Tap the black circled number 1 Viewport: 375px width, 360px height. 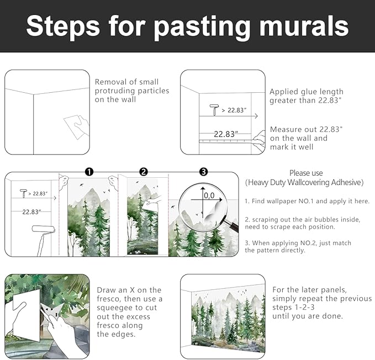tap(89, 172)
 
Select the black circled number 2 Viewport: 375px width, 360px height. tap(144, 172)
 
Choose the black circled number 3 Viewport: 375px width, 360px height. tap(203, 172)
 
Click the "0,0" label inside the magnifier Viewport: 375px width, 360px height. tap(209, 195)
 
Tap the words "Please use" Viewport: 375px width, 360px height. tap(306, 173)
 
